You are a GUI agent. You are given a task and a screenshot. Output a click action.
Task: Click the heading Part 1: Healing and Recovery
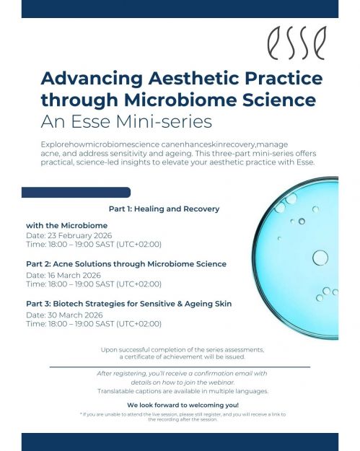point(164,209)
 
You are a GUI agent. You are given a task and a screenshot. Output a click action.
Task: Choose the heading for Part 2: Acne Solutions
point(126,264)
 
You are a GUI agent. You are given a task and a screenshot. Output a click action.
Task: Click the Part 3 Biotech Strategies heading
point(128,304)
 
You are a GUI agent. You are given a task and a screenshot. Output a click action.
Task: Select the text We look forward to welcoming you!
point(182,405)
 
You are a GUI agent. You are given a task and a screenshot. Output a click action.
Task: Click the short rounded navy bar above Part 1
point(76,193)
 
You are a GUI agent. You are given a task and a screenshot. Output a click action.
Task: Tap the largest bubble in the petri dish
point(319,258)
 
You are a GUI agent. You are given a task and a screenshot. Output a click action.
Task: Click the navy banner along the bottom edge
point(180,441)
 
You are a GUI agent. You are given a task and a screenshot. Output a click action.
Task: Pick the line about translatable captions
point(182,390)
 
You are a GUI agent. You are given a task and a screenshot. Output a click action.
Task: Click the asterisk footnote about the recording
point(182,416)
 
